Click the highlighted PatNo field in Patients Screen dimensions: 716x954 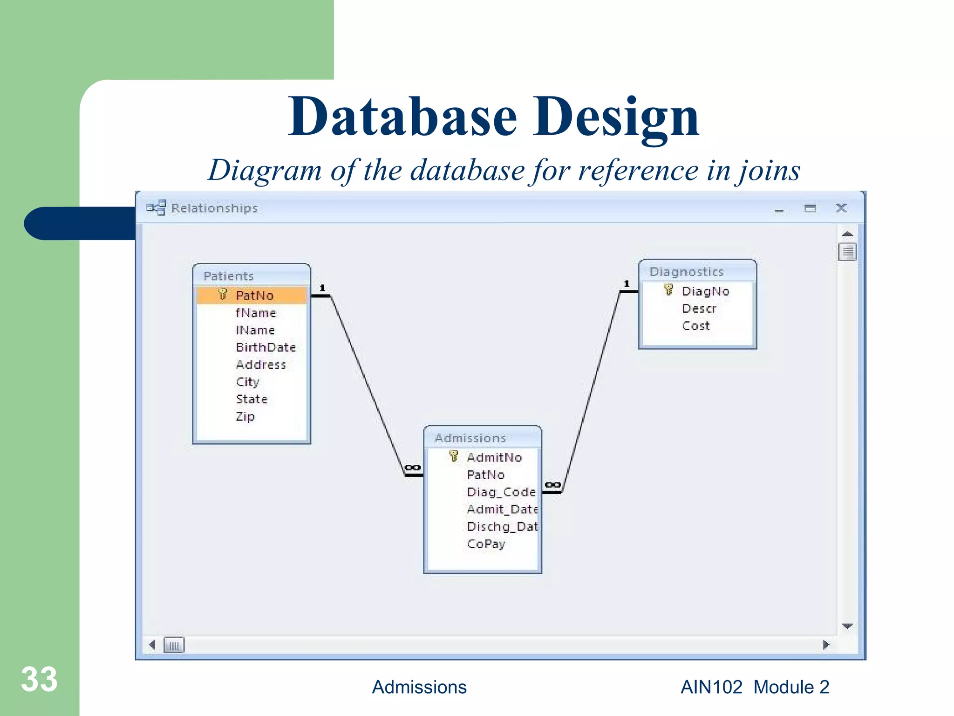pos(254,296)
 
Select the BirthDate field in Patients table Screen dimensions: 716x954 pos(266,347)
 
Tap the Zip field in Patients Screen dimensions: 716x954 pos(245,416)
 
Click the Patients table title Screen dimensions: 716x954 pos(228,276)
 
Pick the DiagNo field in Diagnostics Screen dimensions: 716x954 pos(705,291)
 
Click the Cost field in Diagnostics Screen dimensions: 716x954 pos(695,326)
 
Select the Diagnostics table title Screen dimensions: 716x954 pos(686,272)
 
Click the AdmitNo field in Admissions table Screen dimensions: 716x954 pos(494,457)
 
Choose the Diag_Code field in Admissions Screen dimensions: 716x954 pos(501,492)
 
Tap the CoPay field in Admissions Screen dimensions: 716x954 pos(486,544)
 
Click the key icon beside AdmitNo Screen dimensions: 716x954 pos(454,456)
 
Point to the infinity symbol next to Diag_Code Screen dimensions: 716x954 pos(552,485)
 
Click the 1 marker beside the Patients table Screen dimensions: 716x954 pos(322,288)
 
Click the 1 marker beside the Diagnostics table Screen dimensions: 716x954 pos(627,283)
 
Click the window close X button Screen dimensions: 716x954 pos(841,208)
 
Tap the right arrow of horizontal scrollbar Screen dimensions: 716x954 pos(826,645)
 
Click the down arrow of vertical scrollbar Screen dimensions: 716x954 pos(847,626)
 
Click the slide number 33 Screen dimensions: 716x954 pos(39,679)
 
